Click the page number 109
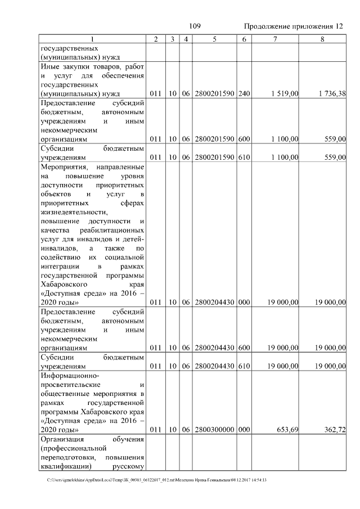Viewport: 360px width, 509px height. coord(195,26)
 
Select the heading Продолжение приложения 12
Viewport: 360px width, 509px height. coord(292,26)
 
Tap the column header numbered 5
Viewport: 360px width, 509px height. coord(215,39)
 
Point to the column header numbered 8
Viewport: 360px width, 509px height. coord(322,39)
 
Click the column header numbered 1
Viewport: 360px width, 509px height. coord(93,39)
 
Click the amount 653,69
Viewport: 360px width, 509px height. coord(287,430)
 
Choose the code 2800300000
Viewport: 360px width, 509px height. coord(215,430)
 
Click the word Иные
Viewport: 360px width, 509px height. coord(51,67)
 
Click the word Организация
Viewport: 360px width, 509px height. coord(62,439)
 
